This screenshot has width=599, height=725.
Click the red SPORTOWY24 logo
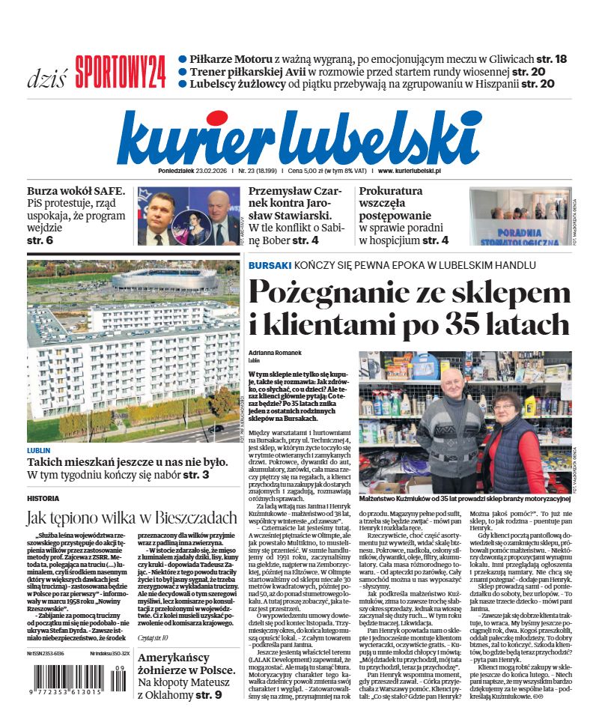click(120, 72)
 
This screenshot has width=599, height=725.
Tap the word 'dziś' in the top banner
click(47, 77)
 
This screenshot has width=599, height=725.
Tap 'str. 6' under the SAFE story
click(40, 240)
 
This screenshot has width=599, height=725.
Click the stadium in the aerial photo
click(153, 279)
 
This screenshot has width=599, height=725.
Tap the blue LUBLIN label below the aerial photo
click(39, 451)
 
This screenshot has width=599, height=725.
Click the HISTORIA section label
click(43, 497)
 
